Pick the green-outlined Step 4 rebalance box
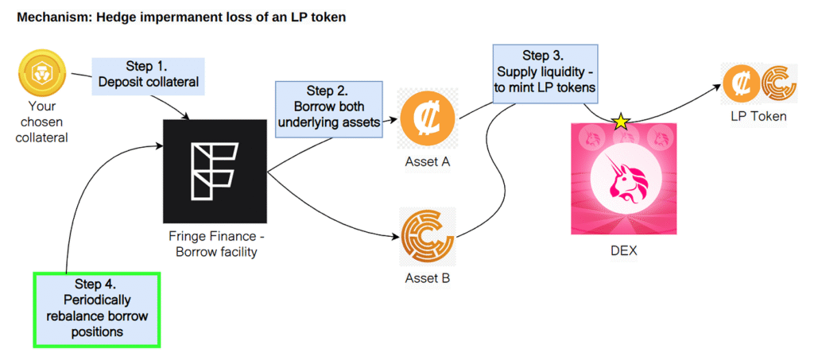click(x=98, y=308)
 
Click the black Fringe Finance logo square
click(x=215, y=171)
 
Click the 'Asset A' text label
click(x=427, y=163)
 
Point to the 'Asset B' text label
click(x=427, y=279)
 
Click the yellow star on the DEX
click(x=620, y=122)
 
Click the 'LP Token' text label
click(x=759, y=117)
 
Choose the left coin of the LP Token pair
click(x=739, y=83)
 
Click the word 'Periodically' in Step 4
click(x=98, y=300)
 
